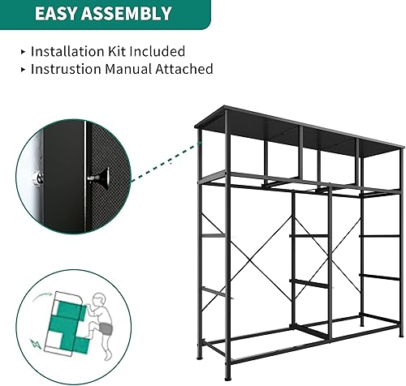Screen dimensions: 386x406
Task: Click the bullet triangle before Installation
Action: tap(22, 52)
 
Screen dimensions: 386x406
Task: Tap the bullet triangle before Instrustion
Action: tap(22, 70)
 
